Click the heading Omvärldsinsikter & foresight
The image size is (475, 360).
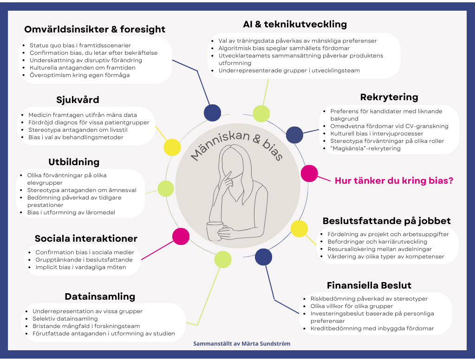pyautogui.click(x=95, y=30)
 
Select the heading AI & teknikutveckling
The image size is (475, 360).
pyautogui.click(x=295, y=24)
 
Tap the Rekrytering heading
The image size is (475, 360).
pyautogui.click(x=389, y=97)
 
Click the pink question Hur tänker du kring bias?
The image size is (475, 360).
pyautogui.click(x=394, y=180)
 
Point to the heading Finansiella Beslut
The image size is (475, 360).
pyautogui.click(x=369, y=285)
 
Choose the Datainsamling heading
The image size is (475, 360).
pyautogui.click(x=100, y=296)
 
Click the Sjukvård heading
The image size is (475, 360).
pyautogui.click(x=78, y=100)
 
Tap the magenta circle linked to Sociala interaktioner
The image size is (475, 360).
pyautogui.click(x=181, y=236)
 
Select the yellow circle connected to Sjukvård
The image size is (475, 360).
pyautogui.click(x=172, y=147)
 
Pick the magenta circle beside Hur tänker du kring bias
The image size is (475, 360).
pyautogui.click(x=309, y=173)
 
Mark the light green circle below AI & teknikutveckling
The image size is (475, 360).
pyautogui.click(x=261, y=114)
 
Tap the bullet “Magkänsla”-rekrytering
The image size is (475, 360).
pyautogui.click(x=365, y=148)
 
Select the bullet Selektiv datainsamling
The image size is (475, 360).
pyautogui.click(x=65, y=319)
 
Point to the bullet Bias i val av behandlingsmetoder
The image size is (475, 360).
pyautogui.click(x=76, y=137)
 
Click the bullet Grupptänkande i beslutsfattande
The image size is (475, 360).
pyautogui.click(x=85, y=260)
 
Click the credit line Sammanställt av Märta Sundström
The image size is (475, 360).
pyautogui.click(x=242, y=344)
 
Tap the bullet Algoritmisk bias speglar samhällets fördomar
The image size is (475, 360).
pyautogui.click(x=284, y=48)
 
